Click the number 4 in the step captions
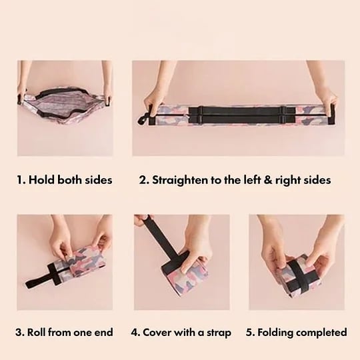[x=134, y=333]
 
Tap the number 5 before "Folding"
[x=249, y=333]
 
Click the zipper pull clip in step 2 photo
[x=143, y=120]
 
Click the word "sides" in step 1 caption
[x=99, y=179]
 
